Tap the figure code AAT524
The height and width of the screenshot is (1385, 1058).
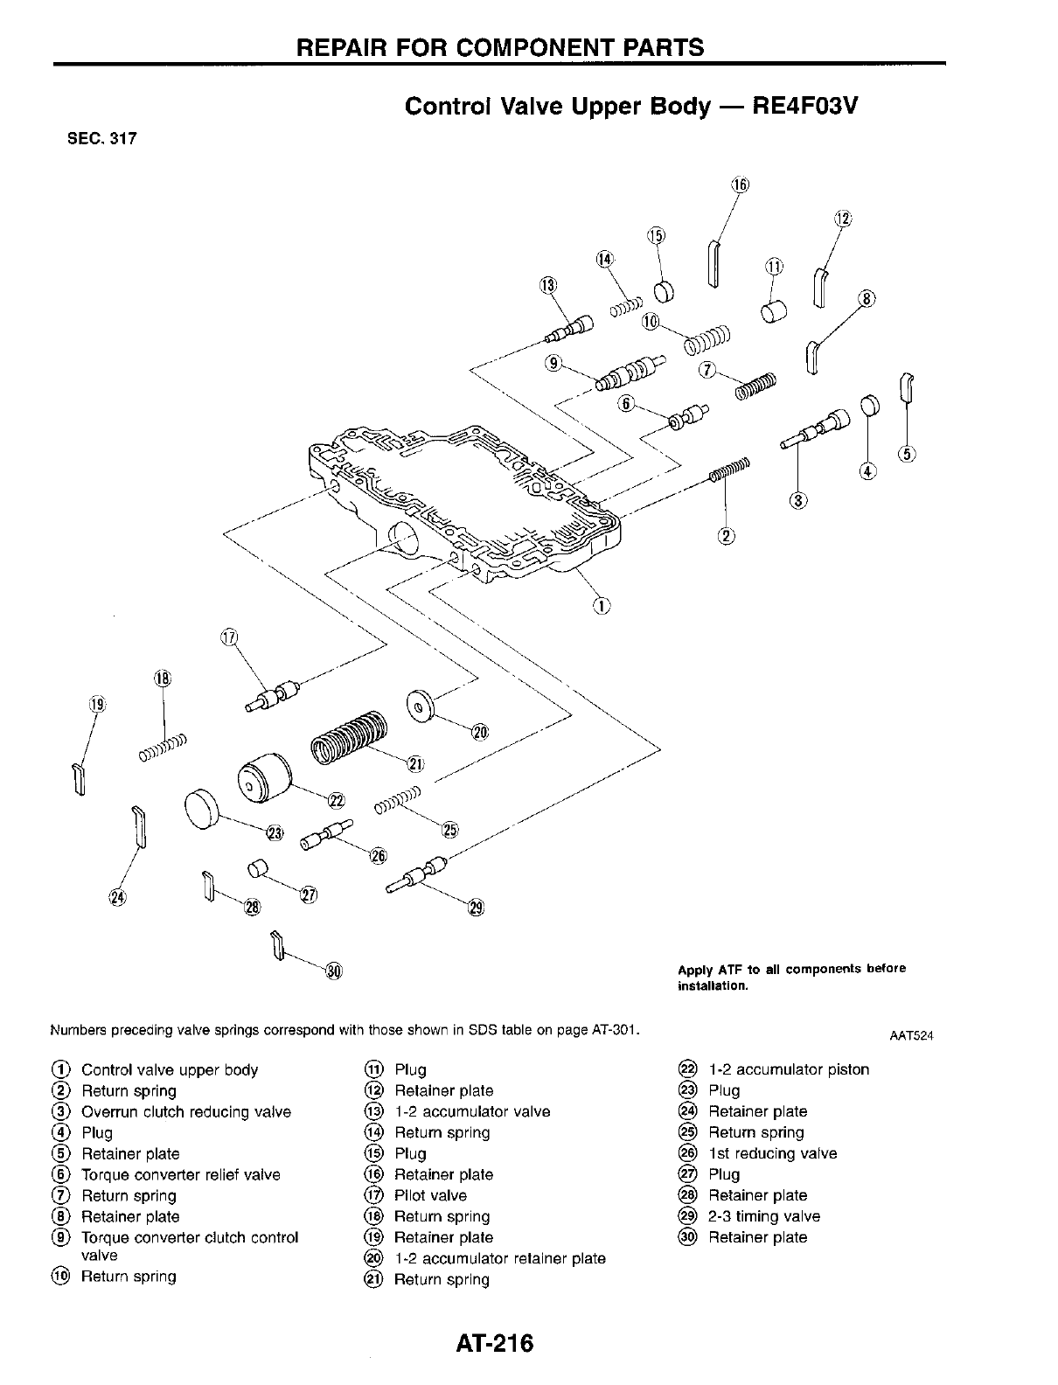[911, 1036]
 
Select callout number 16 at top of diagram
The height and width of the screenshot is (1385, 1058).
[740, 185]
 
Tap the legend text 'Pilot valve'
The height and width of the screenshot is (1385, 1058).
[430, 1195]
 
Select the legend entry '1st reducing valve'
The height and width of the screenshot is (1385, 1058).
[772, 1153]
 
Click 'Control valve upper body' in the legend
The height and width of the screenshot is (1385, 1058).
[170, 1069]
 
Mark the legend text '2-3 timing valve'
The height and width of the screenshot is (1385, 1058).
[763, 1216]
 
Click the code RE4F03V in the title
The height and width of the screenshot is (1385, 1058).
[805, 107]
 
